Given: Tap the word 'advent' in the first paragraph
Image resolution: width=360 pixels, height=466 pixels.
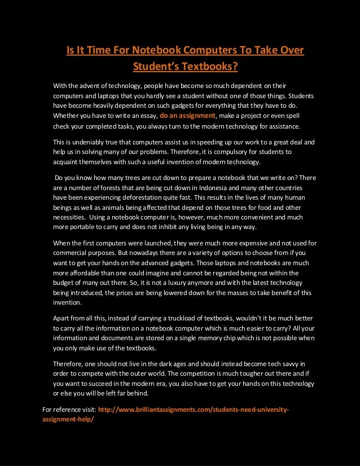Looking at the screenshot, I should pyautogui.click(x=96, y=86).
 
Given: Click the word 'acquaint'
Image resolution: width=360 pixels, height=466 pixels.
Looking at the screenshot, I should pyautogui.click(x=67, y=162).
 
